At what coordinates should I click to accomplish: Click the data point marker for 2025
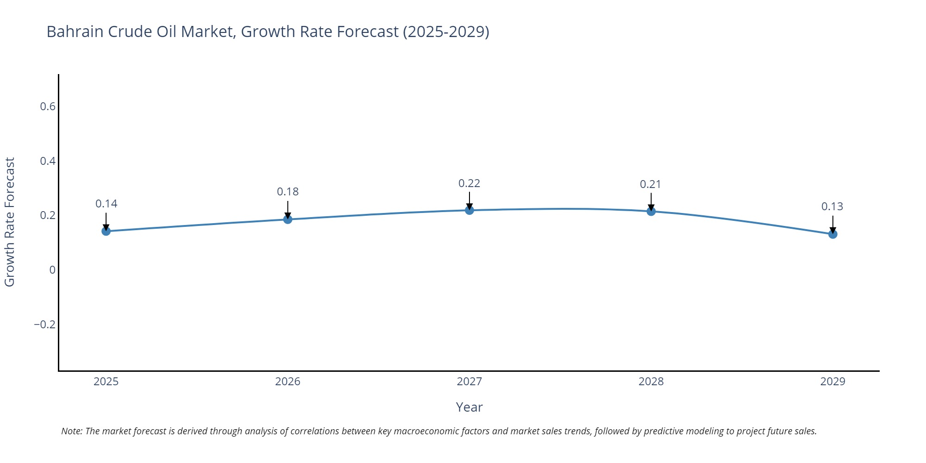click(106, 231)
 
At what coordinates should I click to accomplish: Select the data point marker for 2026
click(288, 219)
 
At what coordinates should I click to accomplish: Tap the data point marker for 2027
click(469, 210)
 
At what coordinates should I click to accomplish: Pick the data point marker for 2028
click(651, 212)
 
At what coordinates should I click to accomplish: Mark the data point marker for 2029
click(832, 234)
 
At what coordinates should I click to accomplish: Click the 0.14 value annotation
click(106, 204)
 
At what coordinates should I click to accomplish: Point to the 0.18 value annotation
click(288, 192)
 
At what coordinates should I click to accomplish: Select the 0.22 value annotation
click(469, 183)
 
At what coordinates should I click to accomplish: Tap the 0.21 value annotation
click(651, 184)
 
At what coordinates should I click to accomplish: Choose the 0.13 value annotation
click(832, 206)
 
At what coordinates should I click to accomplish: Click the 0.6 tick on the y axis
click(47, 106)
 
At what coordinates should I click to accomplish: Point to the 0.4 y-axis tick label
click(47, 161)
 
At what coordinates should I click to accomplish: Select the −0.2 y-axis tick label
click(44, 325)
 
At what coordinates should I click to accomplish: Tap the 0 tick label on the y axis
click(52, 270)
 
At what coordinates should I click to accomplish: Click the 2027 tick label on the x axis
click(469, 382)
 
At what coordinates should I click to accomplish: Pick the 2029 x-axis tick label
click(832, 382)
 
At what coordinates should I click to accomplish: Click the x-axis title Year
click(469, 407)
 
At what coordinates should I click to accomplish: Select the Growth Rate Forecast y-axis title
click(10, 222)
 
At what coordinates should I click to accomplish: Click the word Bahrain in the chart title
click(75, 31)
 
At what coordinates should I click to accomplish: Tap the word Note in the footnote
click(71, 431)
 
